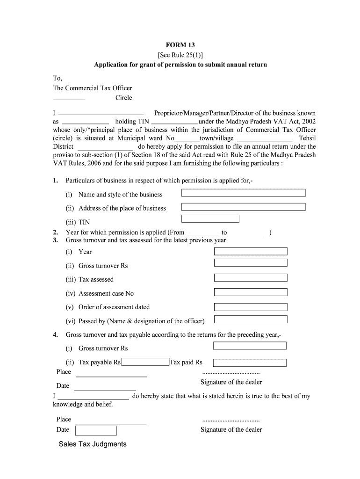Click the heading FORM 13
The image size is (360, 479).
[180, 45]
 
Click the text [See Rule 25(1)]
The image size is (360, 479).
[180, 55]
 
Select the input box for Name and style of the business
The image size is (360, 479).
[243, 193]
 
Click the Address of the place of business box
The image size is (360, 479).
[243, 207]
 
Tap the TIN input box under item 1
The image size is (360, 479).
[210, 218]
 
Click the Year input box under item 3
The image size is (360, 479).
[251, 251]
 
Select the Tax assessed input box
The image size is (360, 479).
[251, 278]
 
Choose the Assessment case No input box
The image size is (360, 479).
[251, 292]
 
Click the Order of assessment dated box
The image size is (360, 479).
[251, 307]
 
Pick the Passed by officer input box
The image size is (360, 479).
[251, 319]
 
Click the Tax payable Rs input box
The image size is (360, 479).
[145, 362]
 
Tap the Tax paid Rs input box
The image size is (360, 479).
[250, 363]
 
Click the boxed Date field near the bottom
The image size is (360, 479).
[96, 430]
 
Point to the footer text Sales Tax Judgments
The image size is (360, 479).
[93, 444]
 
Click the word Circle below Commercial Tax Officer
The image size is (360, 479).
[124, 98]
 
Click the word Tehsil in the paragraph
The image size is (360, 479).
[307, 138]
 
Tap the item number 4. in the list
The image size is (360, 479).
[56, 334]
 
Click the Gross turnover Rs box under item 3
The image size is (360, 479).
[251, 264]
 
